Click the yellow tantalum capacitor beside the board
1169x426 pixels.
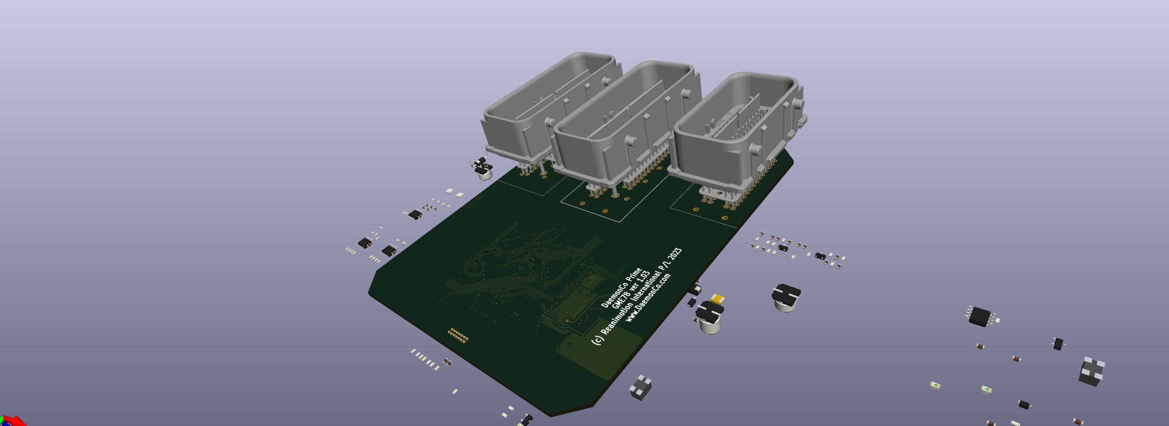[x=717, y=298]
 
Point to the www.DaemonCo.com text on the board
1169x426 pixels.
[x=648, y=298]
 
